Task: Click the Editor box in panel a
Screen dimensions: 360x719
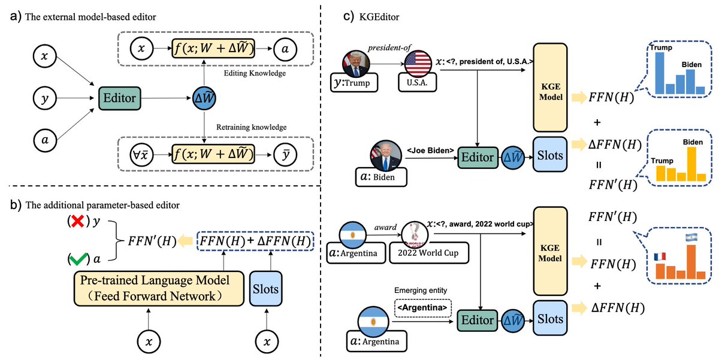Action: point(120,96)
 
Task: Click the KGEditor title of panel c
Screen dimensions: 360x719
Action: point(382,17)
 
